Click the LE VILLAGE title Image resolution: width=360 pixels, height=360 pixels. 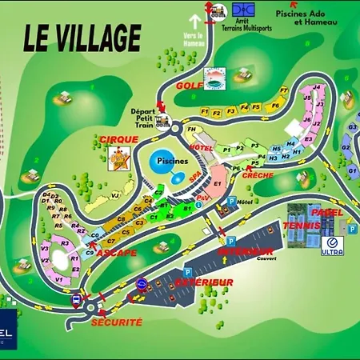pyautogui.click(x=82, y=37)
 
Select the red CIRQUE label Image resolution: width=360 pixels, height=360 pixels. pyautogui.click(x=119, y=140)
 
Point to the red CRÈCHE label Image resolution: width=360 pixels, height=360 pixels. pyautogui.click(x=258, y=174)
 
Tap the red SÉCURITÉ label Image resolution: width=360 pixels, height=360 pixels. pyautogui.click(x=117, y=322)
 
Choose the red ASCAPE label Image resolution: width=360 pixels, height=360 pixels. pyautogui.click(x=118, y=253)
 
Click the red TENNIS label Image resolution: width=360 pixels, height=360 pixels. pyautogui.click(x=301, y=226)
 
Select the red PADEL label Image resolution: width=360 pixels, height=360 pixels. pyautogui.click(x=326, y=213)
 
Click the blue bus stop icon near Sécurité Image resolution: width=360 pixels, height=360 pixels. pyautogui.click(x=76, y=300)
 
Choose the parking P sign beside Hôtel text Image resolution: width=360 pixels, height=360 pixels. pyautogui.click(x=232, y=202)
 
